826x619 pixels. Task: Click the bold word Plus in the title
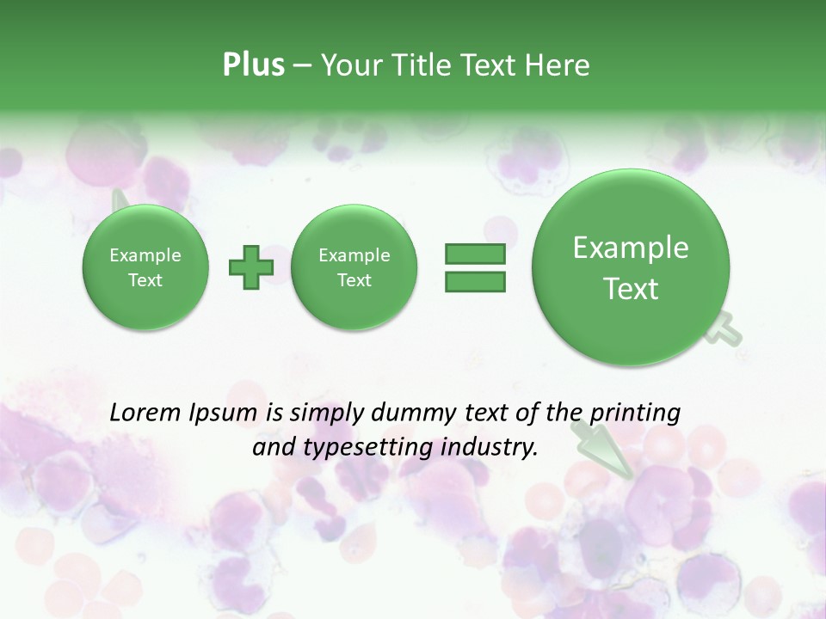(253, 65)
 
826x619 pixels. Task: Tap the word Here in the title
(558, 65)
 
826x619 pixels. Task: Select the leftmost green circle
(145, 267)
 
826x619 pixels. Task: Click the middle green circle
(354, 267)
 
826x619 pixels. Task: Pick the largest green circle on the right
(631, 267)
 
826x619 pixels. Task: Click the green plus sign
(251, 267)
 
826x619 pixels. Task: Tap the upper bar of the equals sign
(475, 254)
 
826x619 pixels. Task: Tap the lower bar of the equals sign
(475, 281)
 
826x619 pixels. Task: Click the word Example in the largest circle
(631, 248)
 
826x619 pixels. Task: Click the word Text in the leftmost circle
(145, 280)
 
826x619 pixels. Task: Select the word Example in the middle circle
(354, 255)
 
